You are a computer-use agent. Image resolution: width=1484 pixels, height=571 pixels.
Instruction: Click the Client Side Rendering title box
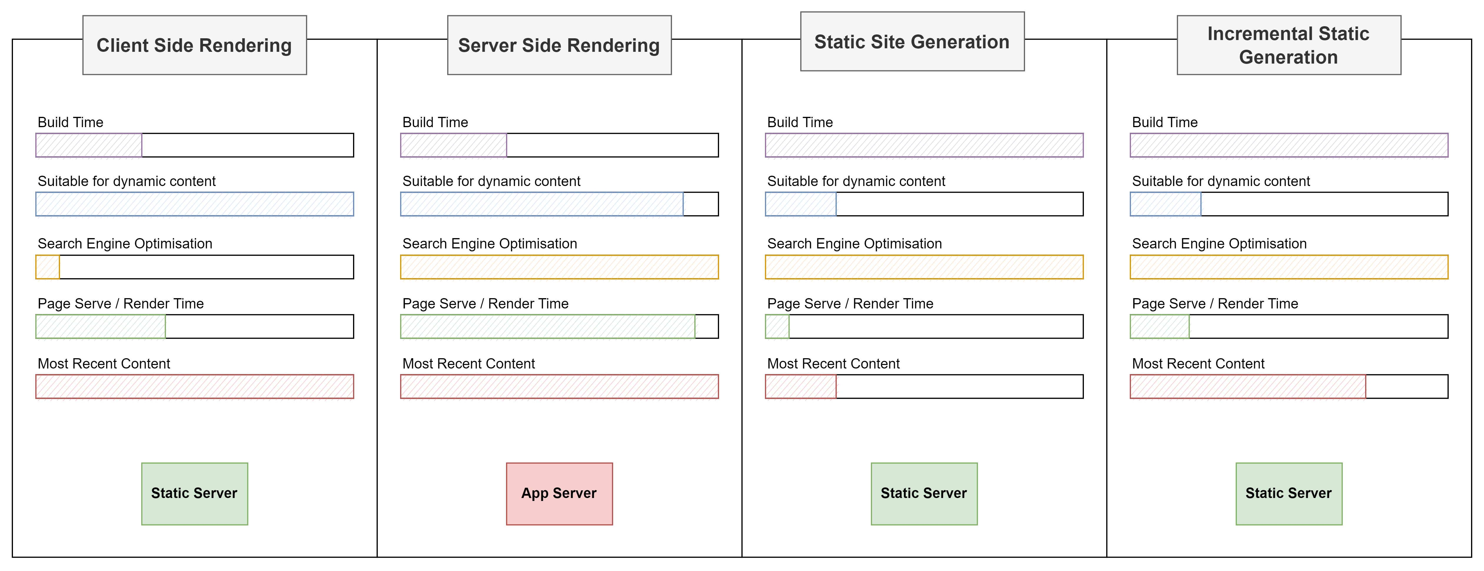point(195,45)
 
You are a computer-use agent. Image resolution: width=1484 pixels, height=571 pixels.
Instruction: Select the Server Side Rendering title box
point(559,45)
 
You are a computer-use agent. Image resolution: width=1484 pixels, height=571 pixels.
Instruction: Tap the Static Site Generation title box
point(913,42)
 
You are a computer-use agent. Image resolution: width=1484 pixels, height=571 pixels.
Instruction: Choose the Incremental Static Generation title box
point(1289,45)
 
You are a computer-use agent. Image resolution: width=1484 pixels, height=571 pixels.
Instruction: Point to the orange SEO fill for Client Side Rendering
point(47,267)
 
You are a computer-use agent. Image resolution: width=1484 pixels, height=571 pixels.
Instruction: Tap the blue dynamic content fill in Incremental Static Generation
point(1165,204)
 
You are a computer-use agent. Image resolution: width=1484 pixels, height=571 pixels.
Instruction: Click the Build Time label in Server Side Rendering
point(435,122)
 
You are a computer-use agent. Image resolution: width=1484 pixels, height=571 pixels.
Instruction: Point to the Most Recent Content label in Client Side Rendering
point(104,363)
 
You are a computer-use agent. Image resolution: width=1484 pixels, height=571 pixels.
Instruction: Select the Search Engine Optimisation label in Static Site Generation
point(854,244)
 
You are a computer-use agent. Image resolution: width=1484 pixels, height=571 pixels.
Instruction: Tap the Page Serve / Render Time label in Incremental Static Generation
point(1215,304)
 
